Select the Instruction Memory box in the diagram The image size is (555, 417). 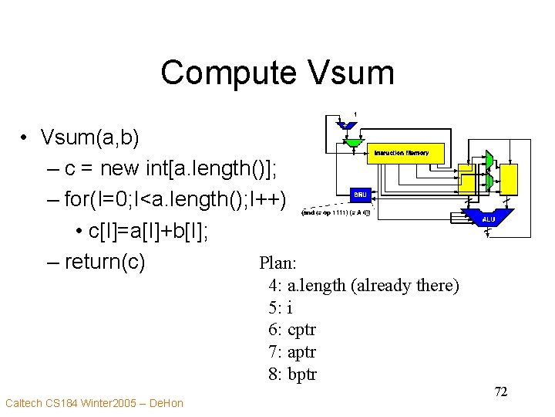[401, 153]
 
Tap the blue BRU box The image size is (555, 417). [360, 194]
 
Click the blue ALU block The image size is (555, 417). [487, 219]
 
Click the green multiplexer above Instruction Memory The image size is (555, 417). [354, 142]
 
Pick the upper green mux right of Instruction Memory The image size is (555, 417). [488, 159]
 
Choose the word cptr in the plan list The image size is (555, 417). [301, 330]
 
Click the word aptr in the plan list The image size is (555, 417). [301, 352]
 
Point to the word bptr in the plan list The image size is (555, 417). [301, 375]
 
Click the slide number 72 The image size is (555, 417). [500, 392]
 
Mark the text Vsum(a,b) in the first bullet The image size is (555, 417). [90, 138]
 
